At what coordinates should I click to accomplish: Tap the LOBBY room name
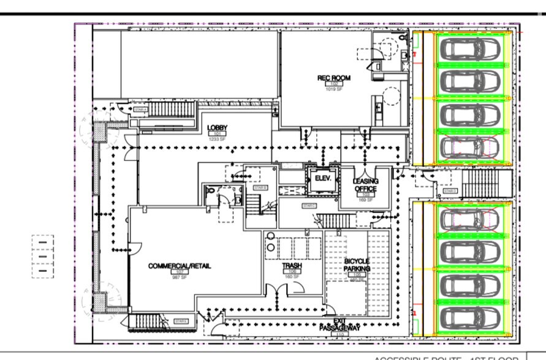coord(217,127)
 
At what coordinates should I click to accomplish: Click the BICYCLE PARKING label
coord(356,264)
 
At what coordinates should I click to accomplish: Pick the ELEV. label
coord(322,178)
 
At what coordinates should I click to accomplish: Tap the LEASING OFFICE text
coord(365,184)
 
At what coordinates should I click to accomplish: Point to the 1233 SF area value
coord(217,139)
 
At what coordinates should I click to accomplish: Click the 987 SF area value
coord(178,277)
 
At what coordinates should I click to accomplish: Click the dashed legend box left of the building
coord(43,257)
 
